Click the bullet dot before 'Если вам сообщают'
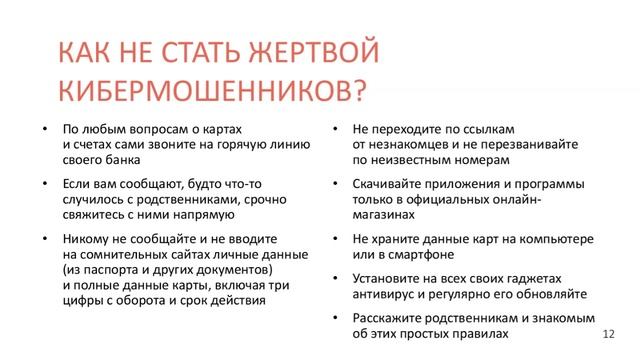click(x=45, y=184)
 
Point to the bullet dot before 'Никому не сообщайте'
click(x=45, y=240)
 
